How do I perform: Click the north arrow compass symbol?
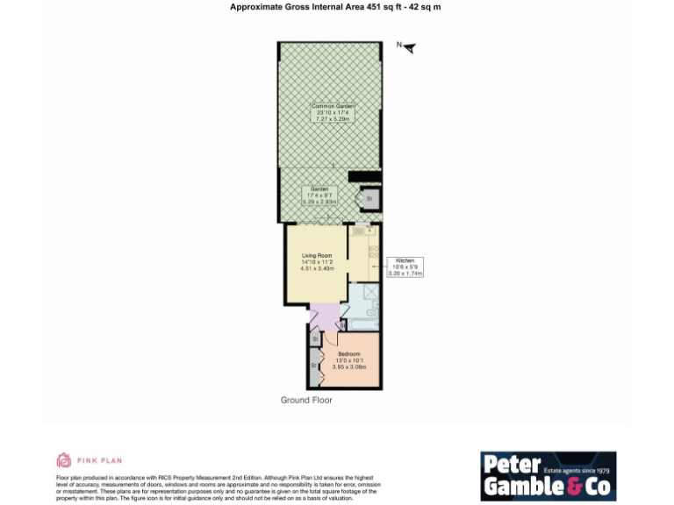407,47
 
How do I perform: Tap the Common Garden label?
332,112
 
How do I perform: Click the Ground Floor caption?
306,400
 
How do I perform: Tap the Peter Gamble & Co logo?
548,476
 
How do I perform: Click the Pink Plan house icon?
63,459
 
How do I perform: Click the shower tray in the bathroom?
370,293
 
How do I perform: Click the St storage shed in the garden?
369,200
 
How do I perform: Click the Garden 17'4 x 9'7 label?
319,196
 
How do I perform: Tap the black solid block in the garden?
363,176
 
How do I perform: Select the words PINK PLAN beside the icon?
99,459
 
